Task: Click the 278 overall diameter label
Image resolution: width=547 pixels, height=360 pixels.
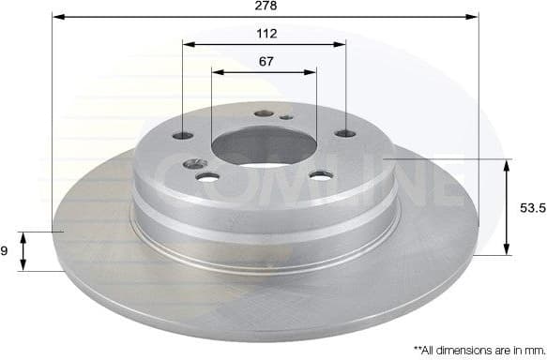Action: tap(266, 6)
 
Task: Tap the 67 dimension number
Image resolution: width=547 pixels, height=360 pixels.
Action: tap(266, 61)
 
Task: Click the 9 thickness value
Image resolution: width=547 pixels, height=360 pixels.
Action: tap(5, 250)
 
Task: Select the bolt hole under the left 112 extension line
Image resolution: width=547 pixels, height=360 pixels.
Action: tap(184, 135)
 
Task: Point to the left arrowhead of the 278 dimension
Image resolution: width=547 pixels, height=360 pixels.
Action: tap(55, 17)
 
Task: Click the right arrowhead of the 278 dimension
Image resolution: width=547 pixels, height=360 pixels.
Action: tap(475, 17)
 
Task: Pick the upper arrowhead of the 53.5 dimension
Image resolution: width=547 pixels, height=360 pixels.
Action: tap(508, 165)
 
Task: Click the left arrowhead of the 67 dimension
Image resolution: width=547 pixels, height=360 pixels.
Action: tap(217, 70)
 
